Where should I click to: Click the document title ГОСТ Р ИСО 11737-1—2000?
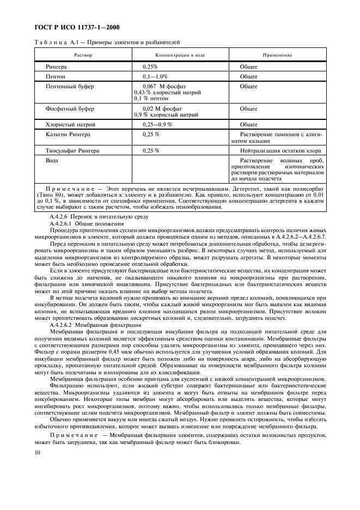point(78,27)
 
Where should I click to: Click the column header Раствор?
point(83,55)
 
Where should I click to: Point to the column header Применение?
point(277,55)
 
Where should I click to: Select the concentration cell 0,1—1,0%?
point(155,77)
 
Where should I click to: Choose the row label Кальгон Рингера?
point(68,134)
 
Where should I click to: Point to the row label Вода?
point(52,160)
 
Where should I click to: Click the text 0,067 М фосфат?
point(164,87)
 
